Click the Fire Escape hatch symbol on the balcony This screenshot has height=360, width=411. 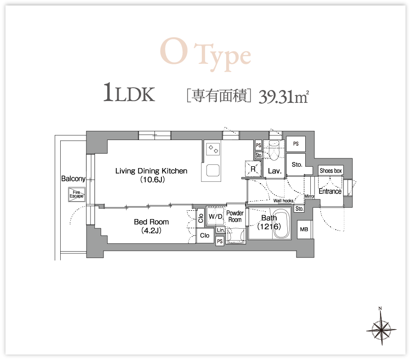point(76,194)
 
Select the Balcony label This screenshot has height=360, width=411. point(73,179)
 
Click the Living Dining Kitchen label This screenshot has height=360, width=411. point(151,175)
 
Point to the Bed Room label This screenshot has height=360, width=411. point(151,226)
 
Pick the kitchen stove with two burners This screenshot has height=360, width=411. point(212,149)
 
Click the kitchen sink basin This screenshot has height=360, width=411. point(213,170)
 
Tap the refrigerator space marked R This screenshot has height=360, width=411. point(253,169)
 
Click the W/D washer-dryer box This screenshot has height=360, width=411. point(216,216)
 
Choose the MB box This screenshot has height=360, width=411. point(304,229)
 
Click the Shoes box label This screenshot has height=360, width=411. point(331,171)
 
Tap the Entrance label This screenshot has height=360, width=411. point(330,191)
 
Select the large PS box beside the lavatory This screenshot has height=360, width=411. point(296,144)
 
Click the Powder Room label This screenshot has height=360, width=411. point(235,216)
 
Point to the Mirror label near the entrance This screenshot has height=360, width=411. point(309,197)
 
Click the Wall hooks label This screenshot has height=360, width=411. point(283,201)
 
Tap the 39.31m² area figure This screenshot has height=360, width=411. point(284,96)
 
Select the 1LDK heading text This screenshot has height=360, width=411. point(129,92)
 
